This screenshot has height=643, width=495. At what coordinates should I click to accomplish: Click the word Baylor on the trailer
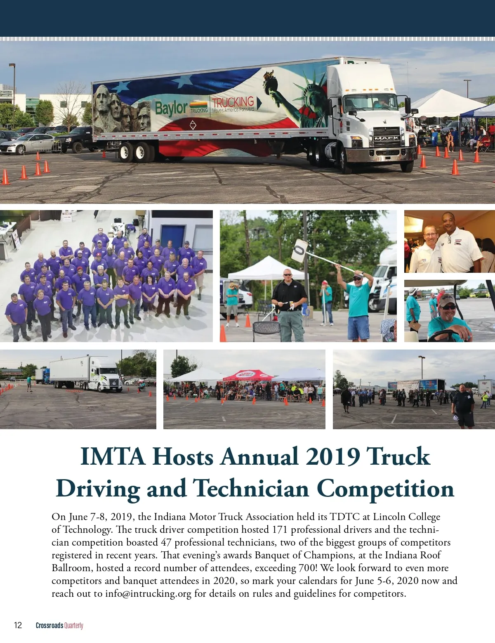pyautogui.click(x=171, y=108)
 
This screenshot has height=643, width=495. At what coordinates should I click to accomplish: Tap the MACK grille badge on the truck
pyautogui.click(x=387, y=138)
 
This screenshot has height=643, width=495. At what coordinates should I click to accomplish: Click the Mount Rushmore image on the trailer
pyautogui.click(x=122, y=108)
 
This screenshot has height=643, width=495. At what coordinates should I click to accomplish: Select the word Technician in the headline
pyautogui.click(x=251, y=489)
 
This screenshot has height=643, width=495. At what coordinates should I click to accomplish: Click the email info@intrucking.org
pyautogui.click(x=148, y=593)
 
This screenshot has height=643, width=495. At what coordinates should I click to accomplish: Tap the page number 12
pyautogui.click(x=18, y=625)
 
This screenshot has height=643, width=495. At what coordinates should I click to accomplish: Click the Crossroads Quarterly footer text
pyautogui.click(x=59, y=625)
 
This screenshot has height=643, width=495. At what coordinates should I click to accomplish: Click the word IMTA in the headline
pyautogui.click(x=113, y=456)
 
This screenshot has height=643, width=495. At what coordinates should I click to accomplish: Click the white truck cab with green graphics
pyautogui.click(x=105, y=374)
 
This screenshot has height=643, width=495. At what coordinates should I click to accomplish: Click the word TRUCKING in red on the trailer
pyautogui.click(x=233, y=102)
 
